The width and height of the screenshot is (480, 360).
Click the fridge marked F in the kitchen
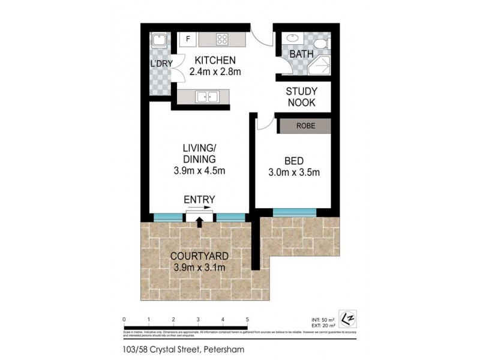188,40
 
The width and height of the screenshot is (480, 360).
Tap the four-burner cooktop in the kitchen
222,40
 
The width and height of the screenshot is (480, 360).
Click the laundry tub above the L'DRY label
160,40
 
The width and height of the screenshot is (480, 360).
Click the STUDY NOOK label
301,97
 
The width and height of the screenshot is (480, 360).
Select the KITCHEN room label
215,60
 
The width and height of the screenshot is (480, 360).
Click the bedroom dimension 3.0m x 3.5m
293,173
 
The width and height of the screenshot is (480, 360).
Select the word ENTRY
199,199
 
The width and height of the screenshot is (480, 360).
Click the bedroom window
295,212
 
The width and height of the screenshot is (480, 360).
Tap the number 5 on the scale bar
247,319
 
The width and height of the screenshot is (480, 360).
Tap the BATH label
302,55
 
